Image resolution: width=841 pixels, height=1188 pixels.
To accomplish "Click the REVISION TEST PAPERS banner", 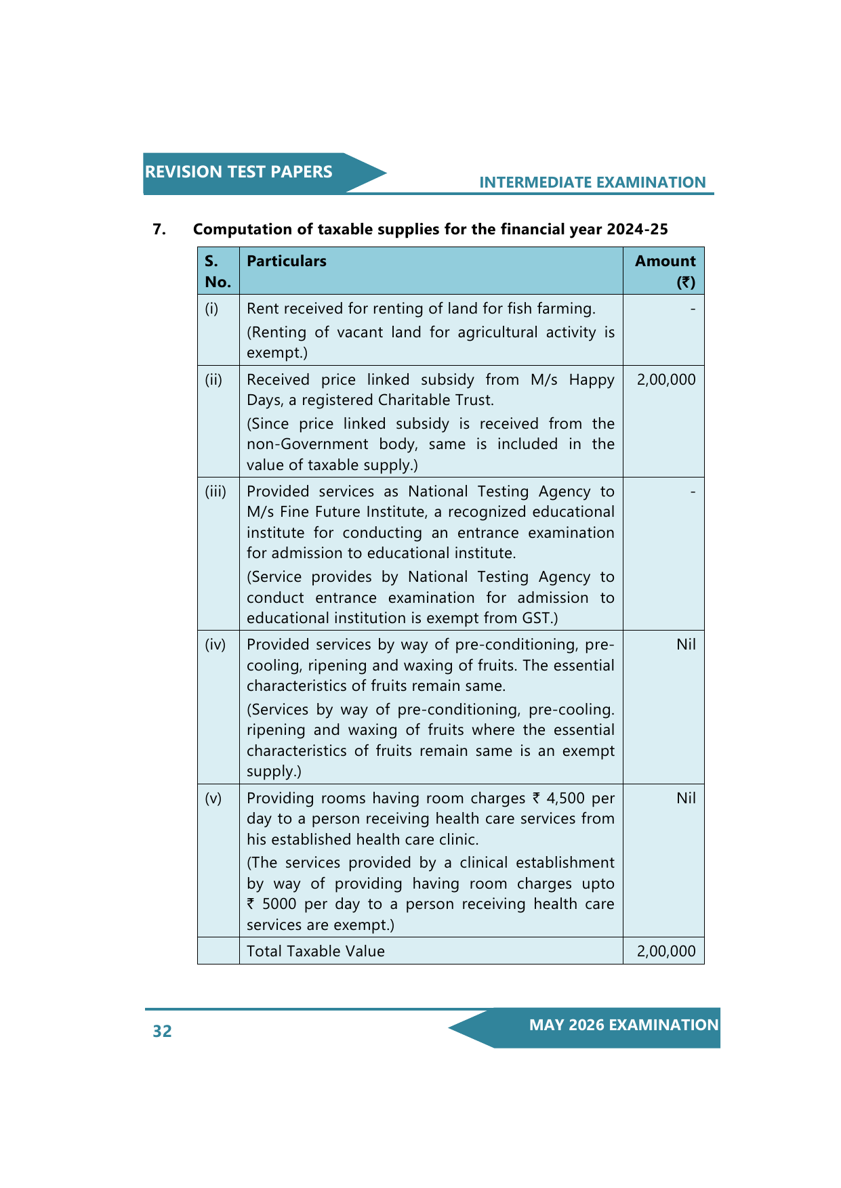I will tap(239, 172).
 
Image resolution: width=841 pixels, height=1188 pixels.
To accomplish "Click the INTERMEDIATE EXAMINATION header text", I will tap(592, 182).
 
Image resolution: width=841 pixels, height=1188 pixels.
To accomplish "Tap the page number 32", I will tap(162, 1031).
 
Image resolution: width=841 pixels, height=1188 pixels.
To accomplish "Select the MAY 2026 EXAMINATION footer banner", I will tap(623, 1025).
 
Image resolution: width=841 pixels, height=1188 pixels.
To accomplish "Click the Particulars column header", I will tap(286, 261).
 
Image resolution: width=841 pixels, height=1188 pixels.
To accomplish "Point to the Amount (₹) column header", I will tap(665, 271).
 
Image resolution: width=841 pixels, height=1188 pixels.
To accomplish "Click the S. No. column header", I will tap(218, 271).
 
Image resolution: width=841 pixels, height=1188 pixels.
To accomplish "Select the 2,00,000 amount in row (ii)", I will tap(665, 380).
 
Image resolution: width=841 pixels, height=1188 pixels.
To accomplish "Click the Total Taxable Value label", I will tap(315, 952).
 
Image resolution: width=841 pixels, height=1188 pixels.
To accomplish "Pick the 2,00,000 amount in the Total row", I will tap(665, 952).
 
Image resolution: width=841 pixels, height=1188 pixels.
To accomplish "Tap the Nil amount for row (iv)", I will tap(686, 645).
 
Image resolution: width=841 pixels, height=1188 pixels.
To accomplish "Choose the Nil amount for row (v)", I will tap(686, 799).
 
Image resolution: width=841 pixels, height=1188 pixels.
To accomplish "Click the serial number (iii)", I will tap(216, 492).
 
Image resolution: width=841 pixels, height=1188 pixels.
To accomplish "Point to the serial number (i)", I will tap(212, 309).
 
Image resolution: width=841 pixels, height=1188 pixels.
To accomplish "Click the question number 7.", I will tap(159, 230).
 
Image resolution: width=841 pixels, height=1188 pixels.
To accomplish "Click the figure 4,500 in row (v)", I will tap(565, 799).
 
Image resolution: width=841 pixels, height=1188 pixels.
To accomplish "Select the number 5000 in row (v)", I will tap(279, 904).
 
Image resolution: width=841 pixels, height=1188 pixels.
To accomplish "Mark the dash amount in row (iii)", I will tap(693, 492).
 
